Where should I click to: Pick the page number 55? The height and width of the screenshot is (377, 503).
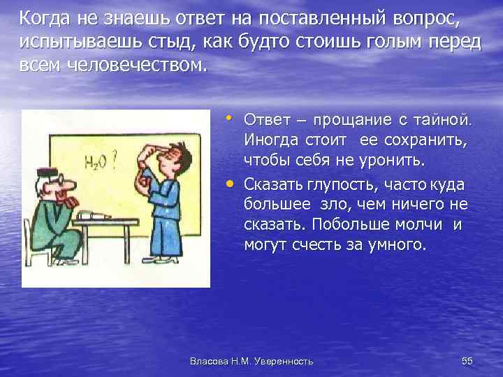[x=467, y=360]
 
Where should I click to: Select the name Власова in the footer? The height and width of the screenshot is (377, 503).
[x=207, y=361]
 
